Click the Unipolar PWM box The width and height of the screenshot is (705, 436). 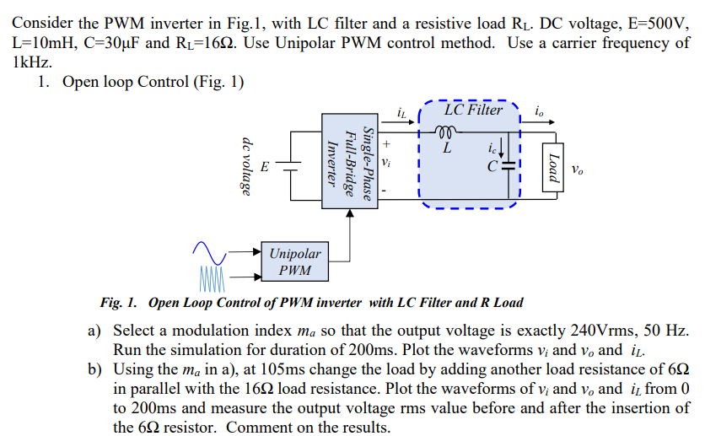coord(294,261)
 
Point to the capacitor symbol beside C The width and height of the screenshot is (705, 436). coord(508,165)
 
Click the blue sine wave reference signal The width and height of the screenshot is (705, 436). coord(209,250)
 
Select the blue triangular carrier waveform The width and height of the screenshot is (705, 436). coord(213,276)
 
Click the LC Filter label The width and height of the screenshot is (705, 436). coord(473,110)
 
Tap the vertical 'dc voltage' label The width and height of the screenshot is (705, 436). coord(247,166)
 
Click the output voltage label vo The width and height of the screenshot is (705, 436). coord(576,170)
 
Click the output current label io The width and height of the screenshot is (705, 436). coord(539,110)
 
